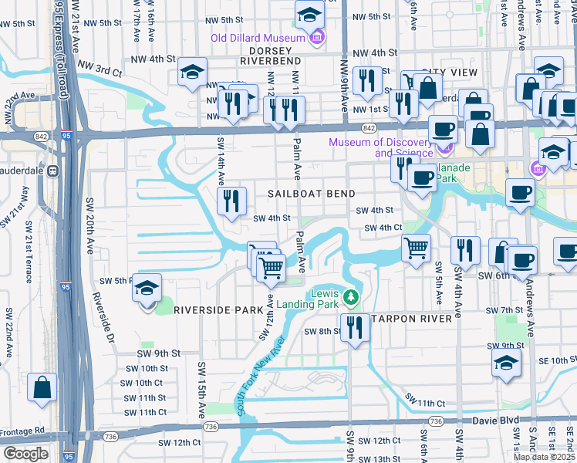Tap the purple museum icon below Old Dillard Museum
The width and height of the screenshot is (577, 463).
coord(315,37)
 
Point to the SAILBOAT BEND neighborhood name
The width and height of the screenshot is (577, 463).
coord(312,194)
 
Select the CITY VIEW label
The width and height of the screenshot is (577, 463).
coord(448,72)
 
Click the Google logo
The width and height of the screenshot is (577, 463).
coord(25,454)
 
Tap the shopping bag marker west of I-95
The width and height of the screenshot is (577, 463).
coord(42,387)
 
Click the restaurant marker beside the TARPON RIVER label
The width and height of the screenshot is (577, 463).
coord(355,326)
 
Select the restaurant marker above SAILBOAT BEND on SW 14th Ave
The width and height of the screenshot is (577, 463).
coord(231,201)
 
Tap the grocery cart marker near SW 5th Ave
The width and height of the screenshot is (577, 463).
coord(417,248)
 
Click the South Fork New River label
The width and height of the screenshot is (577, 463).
coord(260,377)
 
